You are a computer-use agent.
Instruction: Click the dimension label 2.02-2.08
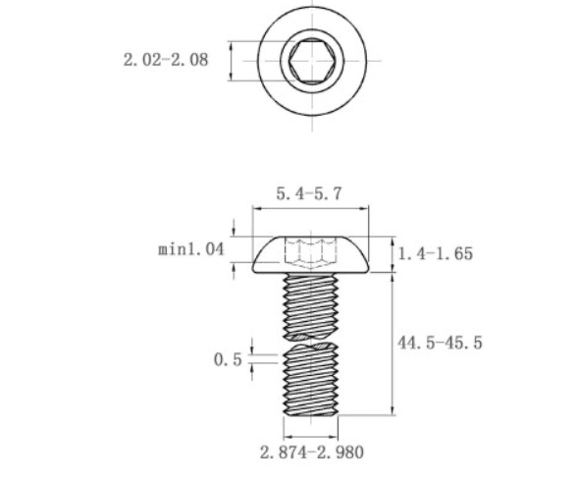166,60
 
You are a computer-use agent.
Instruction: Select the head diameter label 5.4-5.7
309,193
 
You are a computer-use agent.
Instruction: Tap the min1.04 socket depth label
191,249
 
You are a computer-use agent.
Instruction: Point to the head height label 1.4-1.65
436,254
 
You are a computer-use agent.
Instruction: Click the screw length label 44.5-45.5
440,343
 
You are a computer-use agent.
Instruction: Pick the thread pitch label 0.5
228,359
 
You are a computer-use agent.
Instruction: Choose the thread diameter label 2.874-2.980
312,453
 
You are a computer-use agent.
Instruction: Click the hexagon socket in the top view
312,61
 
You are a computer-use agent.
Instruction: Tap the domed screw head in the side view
311,254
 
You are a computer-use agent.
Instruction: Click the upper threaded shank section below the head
311,306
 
